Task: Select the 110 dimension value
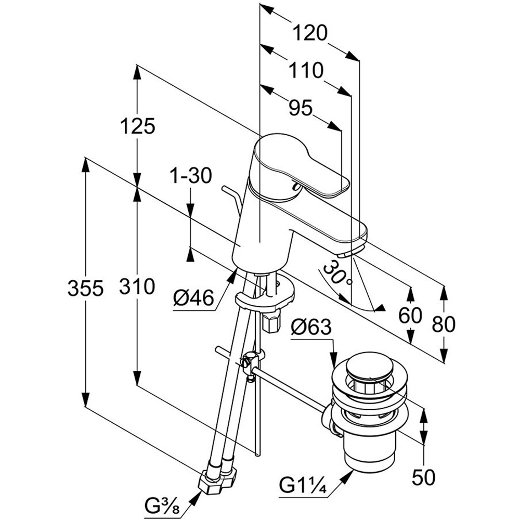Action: (x=306, y=70)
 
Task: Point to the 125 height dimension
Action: (x=138, y=126)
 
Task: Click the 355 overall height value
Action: (x=85, y=288)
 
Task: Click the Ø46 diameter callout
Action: (x=194, y=298)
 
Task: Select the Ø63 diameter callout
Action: (x=311, y=327)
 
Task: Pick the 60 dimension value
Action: (x=411, y=316)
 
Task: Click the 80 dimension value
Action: (x=444, y=324)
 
